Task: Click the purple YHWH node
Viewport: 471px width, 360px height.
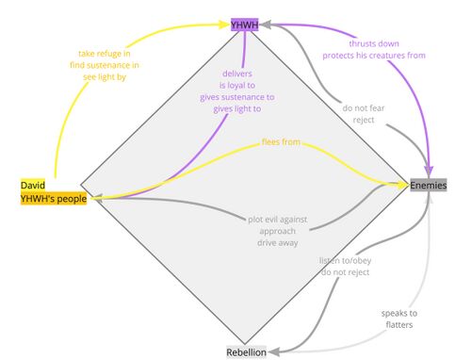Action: [246, 24]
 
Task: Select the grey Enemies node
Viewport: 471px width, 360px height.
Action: [429, 186]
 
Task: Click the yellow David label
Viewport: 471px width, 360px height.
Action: [31, 186]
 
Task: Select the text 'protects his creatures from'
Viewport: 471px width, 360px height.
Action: [374, 56]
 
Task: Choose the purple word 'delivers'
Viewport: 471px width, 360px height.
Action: [237, 73]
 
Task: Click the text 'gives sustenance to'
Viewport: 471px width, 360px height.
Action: [237, 97]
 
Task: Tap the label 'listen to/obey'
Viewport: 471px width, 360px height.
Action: [344, 259]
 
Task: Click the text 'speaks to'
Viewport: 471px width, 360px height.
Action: [398, 313]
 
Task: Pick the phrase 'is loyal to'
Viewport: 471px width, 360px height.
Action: [237, 85]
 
